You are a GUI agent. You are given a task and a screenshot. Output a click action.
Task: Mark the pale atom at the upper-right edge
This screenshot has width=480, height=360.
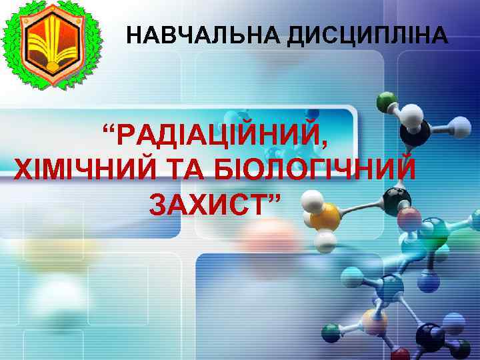coord(458,125)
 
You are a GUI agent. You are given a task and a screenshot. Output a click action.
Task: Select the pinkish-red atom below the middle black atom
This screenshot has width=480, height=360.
coord(409,219)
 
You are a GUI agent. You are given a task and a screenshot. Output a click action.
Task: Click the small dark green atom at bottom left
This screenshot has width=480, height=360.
coord(331,331)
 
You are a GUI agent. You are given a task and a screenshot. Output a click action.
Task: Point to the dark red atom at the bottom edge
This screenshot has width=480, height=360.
coord(401,355)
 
